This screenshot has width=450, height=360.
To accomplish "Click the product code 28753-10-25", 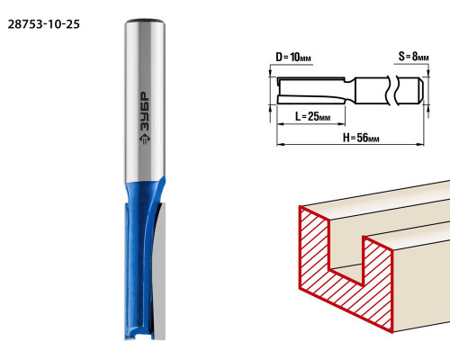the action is coord(44,24).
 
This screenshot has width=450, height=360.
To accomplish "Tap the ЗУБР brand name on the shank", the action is coord(145,111).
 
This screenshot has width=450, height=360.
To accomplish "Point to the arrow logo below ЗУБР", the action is coord(145,139).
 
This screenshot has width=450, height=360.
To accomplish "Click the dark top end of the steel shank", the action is coord(145,21).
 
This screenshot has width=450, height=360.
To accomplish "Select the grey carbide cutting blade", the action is coord(159,270).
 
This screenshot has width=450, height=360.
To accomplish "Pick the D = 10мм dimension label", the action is coord(293,57).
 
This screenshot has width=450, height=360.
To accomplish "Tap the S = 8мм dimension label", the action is coord(413,56).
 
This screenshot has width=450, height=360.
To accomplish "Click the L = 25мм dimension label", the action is coord(312,116).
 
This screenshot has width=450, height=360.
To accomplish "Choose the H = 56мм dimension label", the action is coord(361,138).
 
